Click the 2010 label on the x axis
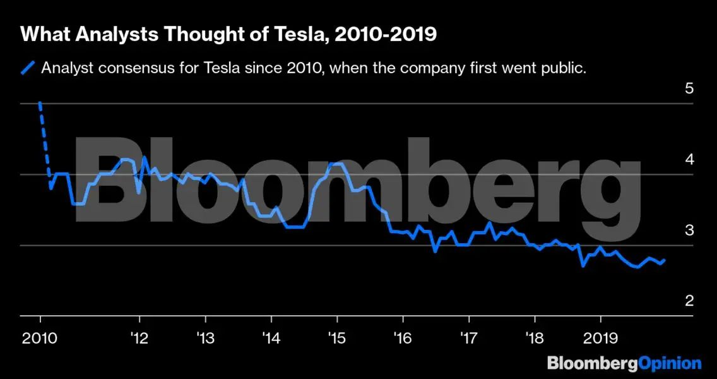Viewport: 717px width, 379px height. pos(40,338)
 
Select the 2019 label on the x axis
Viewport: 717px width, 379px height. pos(600,338)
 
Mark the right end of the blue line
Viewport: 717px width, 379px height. pos(663,260)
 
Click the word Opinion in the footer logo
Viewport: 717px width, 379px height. pos(670,363)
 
